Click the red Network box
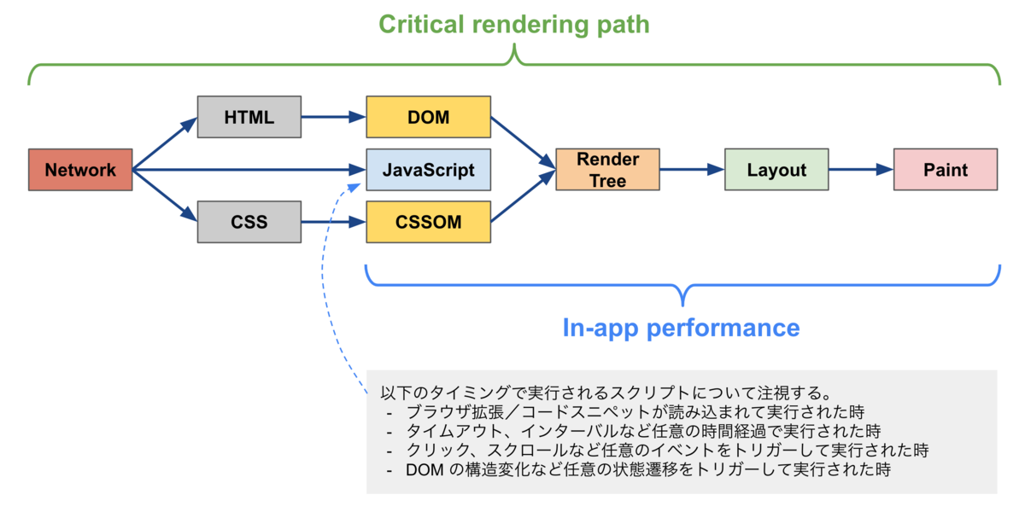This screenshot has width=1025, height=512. point(80,170)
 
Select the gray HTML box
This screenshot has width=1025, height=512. point(249,117)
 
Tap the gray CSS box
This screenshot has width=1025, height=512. point(249,223)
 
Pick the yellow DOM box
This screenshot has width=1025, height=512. point(429,117)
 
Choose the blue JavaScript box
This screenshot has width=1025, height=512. point(429,170)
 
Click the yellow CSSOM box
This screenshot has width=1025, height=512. point(429,223)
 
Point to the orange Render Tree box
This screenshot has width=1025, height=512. point(608,170)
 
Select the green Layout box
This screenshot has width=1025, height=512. point(776,170)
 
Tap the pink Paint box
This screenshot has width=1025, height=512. point(946,170)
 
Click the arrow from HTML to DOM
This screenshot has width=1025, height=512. point(334,117)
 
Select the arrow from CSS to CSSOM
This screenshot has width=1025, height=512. point(334,223)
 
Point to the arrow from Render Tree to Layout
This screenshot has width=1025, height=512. point(693,170)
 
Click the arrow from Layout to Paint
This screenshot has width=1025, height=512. point(861,170)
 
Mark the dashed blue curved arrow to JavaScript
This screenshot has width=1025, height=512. point(325,282)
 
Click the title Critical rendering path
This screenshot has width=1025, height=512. point(514,25)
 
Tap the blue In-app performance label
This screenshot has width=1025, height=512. point(682,328)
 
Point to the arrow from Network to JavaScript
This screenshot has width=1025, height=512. point(248,170)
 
